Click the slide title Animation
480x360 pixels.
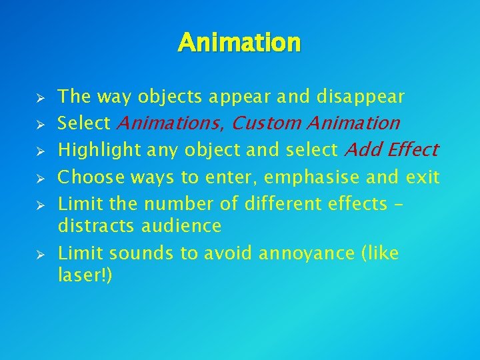pyautogui.click(x=239, y=43)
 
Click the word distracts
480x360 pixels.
pyautogui.click(x=97, y=227)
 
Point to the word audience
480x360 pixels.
pyautogui.click(x=181, y=227)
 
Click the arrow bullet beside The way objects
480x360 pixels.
pyautogui.click(x=40, y=98)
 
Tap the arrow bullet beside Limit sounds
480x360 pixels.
pyautogui.click(x=40, y=255)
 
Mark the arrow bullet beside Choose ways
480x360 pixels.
pyautogui.click(x=40, y=179)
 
